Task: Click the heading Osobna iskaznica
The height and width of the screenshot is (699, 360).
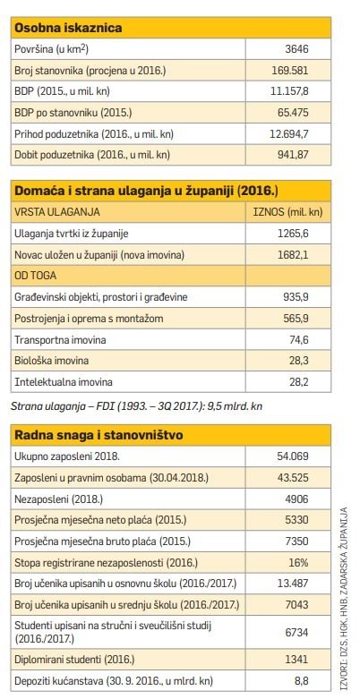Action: pos(68,28)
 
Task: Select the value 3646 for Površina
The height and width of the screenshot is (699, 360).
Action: pos(296,49)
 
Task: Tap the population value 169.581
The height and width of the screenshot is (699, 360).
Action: pos(290,70)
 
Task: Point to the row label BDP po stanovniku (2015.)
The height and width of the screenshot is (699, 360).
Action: pos(73,113)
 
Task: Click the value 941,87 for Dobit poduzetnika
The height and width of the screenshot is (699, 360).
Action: pos(293,155)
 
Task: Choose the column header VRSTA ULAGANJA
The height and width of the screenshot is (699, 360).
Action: pos(57,212)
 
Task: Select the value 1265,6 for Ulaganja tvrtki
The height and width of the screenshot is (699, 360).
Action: pos(295,233)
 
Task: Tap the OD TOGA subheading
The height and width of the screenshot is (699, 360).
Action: pos(36,276)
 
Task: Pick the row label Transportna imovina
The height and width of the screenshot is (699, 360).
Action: pos(60,340)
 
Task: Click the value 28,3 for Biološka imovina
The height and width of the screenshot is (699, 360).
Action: pos(299,361)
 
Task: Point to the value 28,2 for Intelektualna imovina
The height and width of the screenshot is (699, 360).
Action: pos(299,381)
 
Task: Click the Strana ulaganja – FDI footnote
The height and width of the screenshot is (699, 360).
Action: pos(136,406)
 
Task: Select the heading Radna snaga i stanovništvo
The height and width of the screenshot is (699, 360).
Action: pos(99,435)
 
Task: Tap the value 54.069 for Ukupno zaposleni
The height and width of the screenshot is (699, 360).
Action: pos(293,456)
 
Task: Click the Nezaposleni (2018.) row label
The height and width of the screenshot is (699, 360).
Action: pos(58,499)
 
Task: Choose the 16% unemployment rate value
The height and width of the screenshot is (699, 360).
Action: pos(298,563)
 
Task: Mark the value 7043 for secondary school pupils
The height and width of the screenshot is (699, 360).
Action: pos(296,605)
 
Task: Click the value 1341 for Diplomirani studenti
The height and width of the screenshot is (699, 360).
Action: pos(296,660)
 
